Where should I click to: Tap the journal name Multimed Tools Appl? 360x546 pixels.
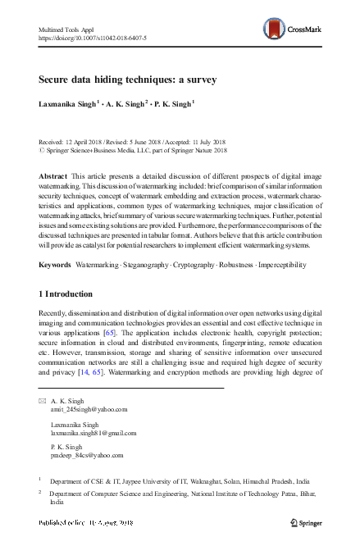(65, 29)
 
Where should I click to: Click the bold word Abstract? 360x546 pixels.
(54, 176)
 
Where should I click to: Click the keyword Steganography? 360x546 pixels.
(151, 242)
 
